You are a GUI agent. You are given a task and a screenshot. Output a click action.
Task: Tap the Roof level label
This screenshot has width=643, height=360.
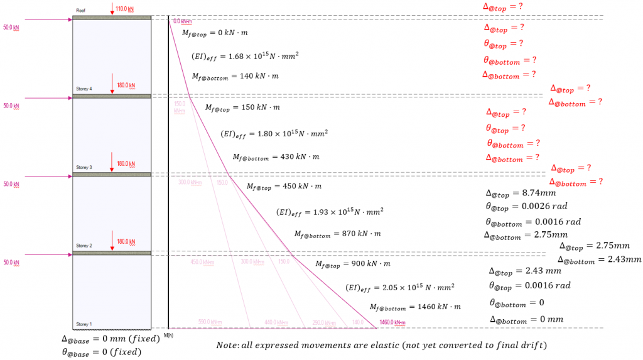pyautogui.click(x=80, y=11)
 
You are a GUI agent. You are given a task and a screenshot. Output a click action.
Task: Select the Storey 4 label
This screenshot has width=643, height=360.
pyautogui.click(x=84, y=89)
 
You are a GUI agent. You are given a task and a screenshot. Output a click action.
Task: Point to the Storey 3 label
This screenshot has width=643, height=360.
pyautogui.click(x=84, y=168)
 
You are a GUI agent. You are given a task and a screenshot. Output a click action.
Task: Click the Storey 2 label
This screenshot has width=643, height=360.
pyautogui.click(x=84, y=246)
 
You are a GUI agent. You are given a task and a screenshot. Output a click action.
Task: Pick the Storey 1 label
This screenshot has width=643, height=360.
pyautogui.click(x=84, y=324)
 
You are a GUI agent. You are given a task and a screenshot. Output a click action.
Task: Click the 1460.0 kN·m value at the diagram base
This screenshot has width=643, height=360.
pyautogui.click(x=391, y=323)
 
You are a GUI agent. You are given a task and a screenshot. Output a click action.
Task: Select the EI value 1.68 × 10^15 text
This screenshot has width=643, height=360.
pyautogui.click(x=245, y=57)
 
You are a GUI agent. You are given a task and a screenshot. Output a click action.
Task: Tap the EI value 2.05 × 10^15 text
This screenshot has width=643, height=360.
pyautogui.click(x=400, y=288)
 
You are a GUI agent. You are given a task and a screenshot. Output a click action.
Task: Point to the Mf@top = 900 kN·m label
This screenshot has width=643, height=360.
pyautogui.click(x=352, y=264)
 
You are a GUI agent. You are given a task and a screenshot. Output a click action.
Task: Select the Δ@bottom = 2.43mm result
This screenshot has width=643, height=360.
pyautogui.click(x=599, y=259)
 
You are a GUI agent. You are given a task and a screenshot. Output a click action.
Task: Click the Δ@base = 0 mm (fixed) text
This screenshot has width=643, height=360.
pyautogui.click(x=104, y=339)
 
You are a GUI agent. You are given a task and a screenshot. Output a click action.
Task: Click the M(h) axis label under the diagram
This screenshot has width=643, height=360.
pyautogui.click(x=168, y=334)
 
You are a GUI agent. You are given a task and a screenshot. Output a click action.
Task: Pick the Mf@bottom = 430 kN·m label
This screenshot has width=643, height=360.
pyautogui.click(x=276, y=156)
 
